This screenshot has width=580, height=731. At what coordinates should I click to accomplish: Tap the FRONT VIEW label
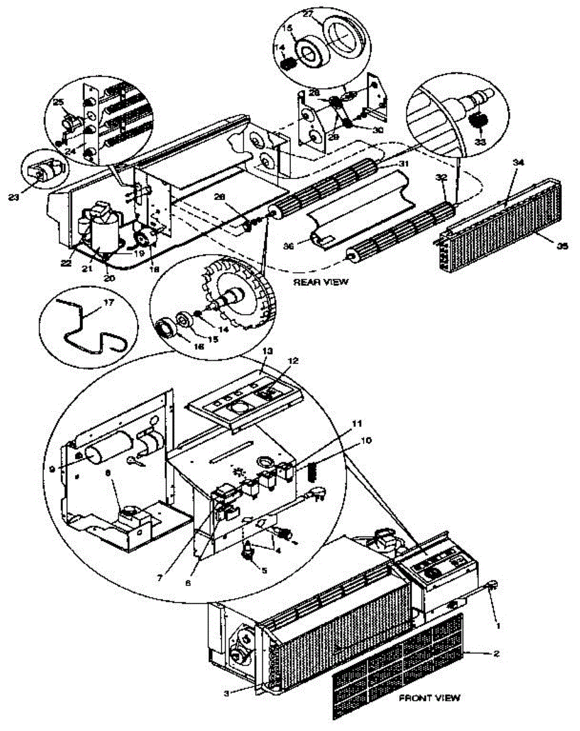(x=430, y=697)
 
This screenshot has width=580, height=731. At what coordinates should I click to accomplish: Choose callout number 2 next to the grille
(x=496, y=654)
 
